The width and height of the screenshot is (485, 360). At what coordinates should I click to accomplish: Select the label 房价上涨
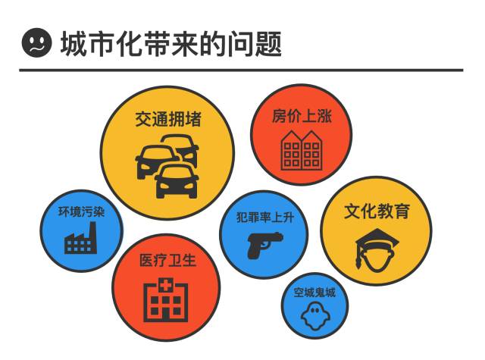coord(302,116)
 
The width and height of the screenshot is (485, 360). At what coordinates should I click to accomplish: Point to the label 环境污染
coord(81,211)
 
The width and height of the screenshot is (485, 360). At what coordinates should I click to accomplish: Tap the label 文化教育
coord(377,211)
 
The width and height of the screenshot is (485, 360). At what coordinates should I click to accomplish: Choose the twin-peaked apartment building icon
coord(301,149)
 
